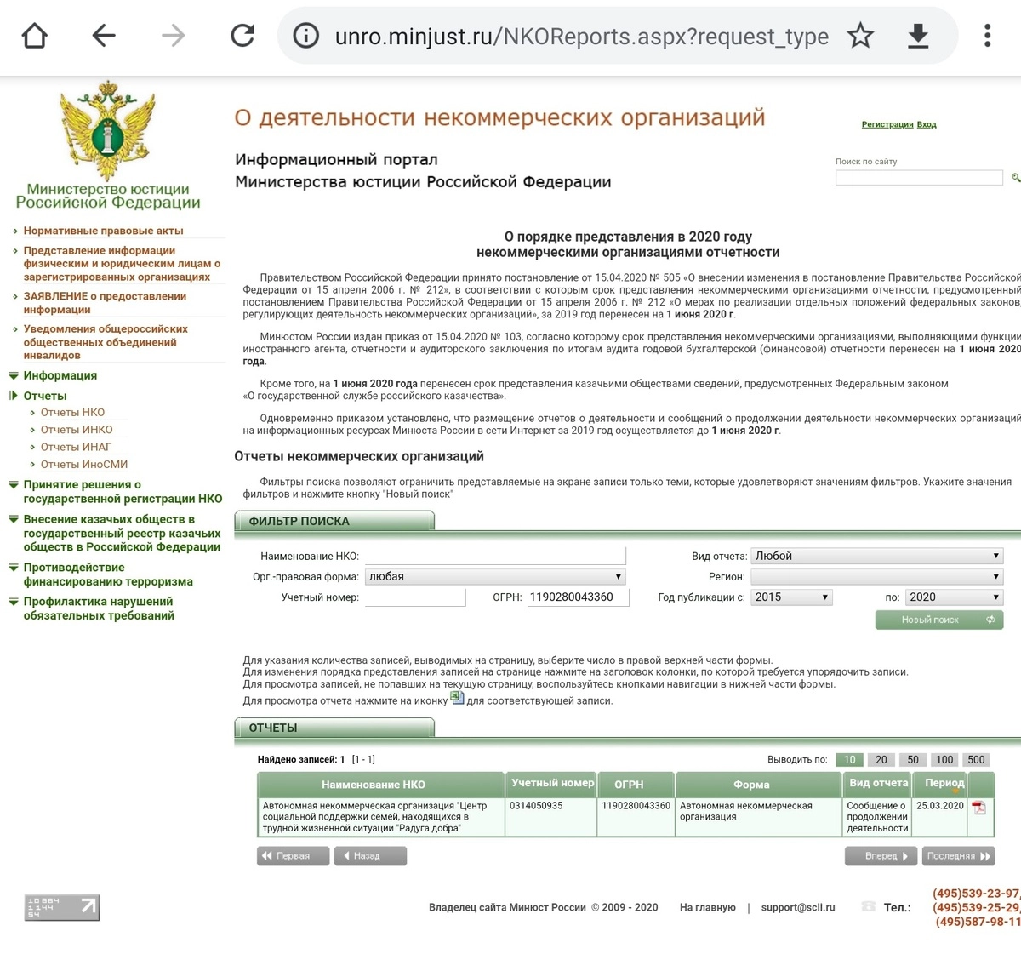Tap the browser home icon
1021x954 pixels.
(35, 36)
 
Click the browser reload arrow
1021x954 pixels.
(242, 36)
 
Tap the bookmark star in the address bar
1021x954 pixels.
(860, 36)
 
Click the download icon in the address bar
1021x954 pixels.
(918, 36)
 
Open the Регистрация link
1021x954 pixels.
(887, 124)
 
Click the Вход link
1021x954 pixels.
(927, 124)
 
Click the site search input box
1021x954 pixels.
(919, 177)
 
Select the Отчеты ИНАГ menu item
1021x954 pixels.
(76, 447)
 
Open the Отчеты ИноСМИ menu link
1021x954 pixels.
(83, 465)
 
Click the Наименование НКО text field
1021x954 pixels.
(494, 556)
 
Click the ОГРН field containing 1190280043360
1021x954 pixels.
(578, 597)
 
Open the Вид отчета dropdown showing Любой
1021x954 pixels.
(876, 556)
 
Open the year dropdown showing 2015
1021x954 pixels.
(791, 597)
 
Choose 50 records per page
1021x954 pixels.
(913, 760)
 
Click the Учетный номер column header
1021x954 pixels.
(552, 783)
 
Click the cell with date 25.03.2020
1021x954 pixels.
(939, 806)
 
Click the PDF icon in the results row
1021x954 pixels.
(979, 808)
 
